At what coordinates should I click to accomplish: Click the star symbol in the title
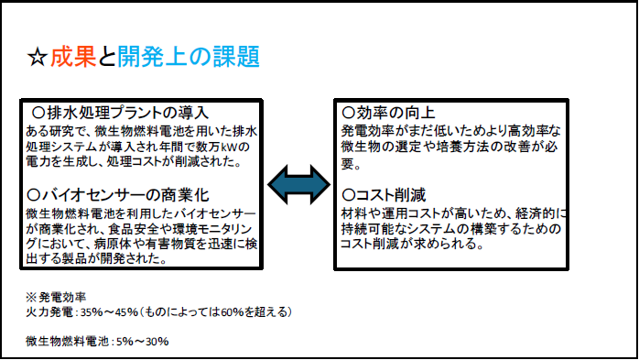pos(38,57)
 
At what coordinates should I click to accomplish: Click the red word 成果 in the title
pos(73,56)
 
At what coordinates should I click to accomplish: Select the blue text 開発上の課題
pos(189,56)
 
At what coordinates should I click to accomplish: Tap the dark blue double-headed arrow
pos(298,184)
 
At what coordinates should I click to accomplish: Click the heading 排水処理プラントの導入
pos(127,113)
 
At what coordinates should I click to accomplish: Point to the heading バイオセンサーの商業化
pos(125,195)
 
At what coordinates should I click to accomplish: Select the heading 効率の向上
pos(395,113)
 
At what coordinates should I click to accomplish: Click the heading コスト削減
pos(390,195)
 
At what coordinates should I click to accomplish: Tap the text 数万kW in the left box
pos(225,147)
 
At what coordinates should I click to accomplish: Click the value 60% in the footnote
pos(232,312)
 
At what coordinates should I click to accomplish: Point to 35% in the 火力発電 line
pos(92,312)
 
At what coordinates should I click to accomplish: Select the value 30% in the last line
pos(157,342)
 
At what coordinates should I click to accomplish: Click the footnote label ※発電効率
pos(56,297)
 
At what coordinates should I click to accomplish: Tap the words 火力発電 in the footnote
pos(49,312)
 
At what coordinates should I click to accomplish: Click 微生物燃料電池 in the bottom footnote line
pos(67,342)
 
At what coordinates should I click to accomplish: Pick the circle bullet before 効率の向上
pos(349,113)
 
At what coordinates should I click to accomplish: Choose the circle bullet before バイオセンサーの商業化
pos(34,195)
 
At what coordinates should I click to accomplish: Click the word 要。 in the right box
pos(351,164)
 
